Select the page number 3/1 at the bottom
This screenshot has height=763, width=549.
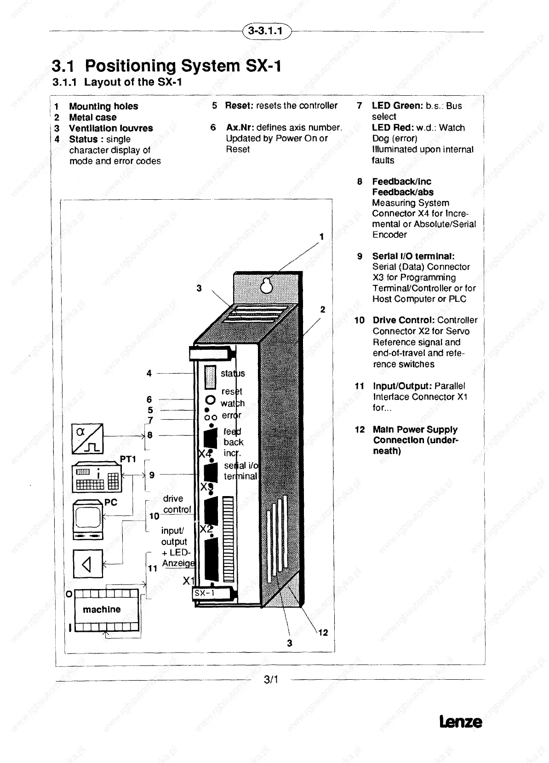point(271,679)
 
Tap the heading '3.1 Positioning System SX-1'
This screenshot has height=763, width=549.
point(166,66)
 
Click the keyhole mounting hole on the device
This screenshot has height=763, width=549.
point(266,285)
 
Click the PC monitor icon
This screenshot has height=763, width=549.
point(88,519)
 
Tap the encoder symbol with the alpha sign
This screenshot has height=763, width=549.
point(87,438)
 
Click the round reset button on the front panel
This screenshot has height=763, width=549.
point(210,399)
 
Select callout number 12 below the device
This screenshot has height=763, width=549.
point(323,633)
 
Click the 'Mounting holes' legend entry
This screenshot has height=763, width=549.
point(103,106)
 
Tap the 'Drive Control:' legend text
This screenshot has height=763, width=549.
point(403,320)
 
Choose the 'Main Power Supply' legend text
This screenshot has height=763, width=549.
point(415,429)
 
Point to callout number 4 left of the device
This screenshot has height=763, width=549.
point(149,373)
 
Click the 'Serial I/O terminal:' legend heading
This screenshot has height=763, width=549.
point(413,256)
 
